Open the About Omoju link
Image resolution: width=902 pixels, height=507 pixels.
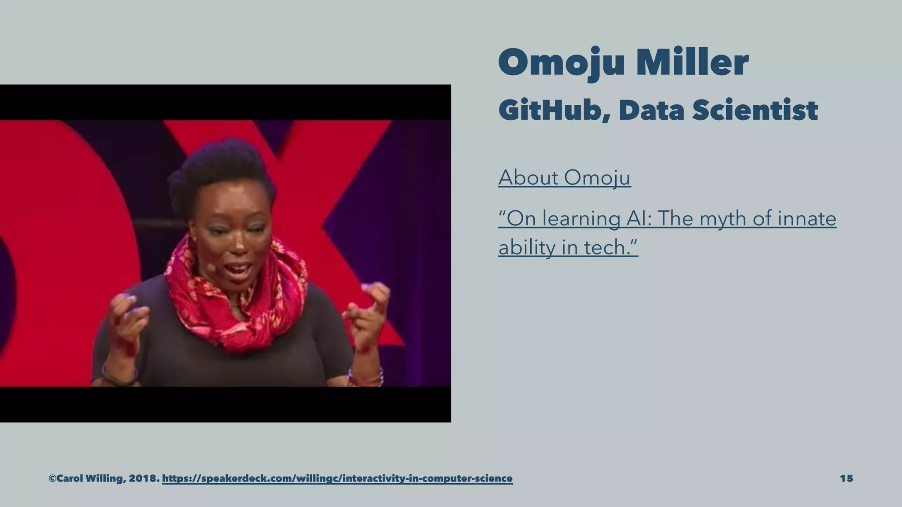tap(564, 178)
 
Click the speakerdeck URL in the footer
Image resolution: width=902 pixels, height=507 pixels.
tap(337, 478)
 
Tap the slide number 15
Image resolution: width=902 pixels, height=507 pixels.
tap(846, 478)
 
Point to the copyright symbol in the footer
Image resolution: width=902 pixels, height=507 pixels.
tap(52, 478)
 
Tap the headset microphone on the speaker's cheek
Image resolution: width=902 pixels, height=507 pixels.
tap(211, 267)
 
